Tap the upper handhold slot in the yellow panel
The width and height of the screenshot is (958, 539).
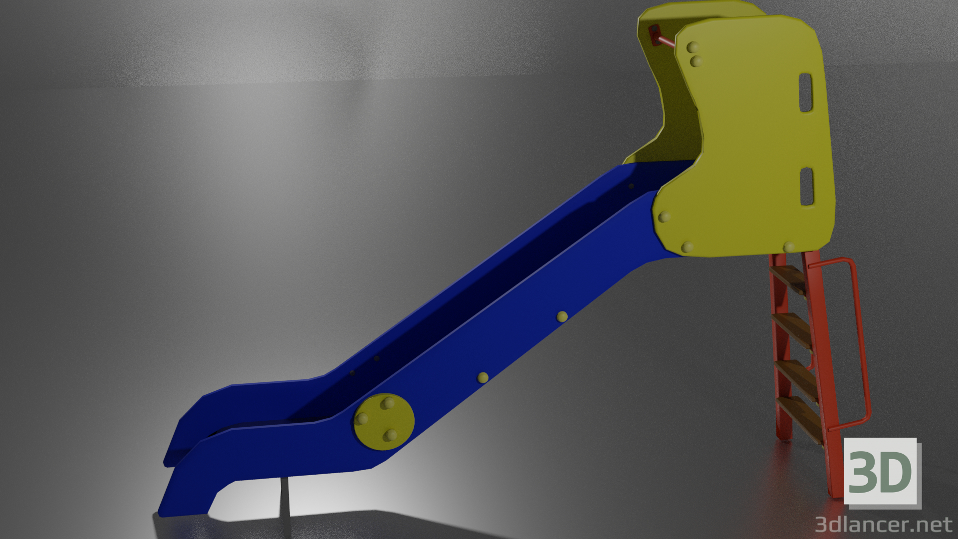806,92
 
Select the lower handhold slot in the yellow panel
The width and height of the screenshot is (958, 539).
806,187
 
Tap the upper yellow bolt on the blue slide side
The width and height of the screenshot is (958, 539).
562,316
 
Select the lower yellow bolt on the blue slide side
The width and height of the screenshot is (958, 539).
482,377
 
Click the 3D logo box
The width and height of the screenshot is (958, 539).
880,471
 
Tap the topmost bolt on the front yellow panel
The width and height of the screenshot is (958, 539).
693,47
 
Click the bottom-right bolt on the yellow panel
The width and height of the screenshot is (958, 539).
788,247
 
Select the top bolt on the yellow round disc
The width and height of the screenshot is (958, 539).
388,403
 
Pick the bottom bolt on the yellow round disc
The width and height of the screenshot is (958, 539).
390,436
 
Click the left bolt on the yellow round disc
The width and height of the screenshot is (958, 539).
362,419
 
